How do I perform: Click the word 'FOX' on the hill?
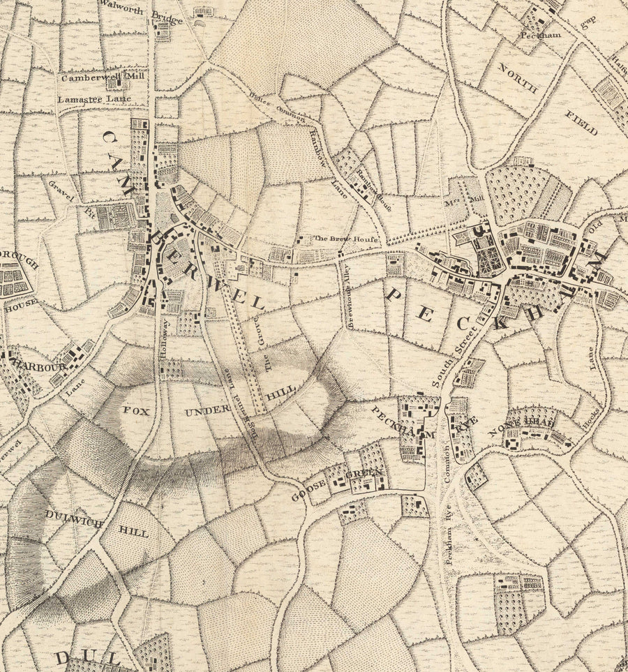click(x=135, y=411)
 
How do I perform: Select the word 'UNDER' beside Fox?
click(x=207, y=412)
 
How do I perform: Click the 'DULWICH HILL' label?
click(x=96, y=523)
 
